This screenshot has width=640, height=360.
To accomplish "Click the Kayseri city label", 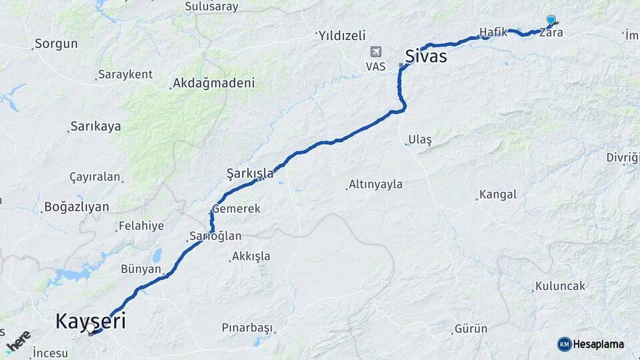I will click(x=90, y=321).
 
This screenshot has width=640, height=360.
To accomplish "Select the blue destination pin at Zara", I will click(x=551, y=20).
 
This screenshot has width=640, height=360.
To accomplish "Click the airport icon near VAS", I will click(x=376, y=52).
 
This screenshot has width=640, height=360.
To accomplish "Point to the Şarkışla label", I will click(x=250, y=173).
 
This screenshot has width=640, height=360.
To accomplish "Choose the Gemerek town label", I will click(x=237, y=209).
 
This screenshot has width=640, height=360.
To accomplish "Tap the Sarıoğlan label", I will click(x=215, y=236).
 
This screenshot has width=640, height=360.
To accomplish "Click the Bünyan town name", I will click(x=141, y=269).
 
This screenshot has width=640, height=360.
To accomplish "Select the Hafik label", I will click(x=493, y=31).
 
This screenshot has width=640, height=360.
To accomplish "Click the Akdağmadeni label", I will click(x=213, y=83).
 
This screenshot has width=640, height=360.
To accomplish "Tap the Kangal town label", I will click(x=497, y=195).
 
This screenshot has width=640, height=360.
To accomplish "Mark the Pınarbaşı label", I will click(x=248, y=328).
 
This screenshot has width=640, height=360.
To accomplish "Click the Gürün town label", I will click(x=471, y=329).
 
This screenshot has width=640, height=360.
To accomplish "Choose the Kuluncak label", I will click(x=561, y=286).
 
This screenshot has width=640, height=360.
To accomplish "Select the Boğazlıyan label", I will click(x=77, y=207).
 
